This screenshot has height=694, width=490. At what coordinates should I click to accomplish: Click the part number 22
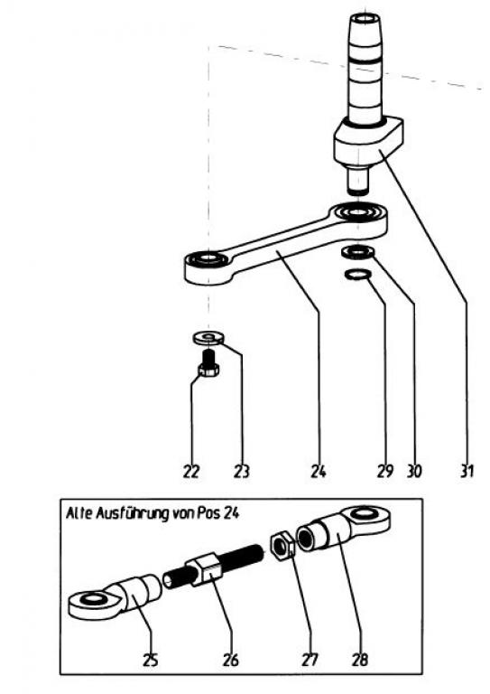(x=191, y=472)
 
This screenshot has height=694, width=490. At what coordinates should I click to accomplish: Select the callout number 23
(x=241, y=472)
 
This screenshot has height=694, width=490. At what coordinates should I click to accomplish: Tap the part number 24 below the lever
(x=319, y=472)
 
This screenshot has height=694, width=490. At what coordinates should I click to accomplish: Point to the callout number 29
(x=384, y=472)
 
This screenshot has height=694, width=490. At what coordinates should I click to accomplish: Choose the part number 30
(x=414, y=472)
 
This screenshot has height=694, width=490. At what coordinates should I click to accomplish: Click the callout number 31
(x=467, y=472)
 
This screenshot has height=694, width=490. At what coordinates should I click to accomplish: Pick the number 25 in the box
(x=150, y=661)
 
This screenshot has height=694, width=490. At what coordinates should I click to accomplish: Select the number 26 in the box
(x=231, y=661)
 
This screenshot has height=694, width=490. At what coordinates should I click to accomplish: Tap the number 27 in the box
(x=310, y=661)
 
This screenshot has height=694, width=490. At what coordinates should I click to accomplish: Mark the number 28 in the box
(x=360, y=661)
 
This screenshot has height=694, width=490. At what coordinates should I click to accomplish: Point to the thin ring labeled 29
(x=357, y=275)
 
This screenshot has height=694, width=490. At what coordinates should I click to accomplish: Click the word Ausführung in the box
(x=133, y=513)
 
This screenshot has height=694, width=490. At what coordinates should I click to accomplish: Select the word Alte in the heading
(x=79, y=513)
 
